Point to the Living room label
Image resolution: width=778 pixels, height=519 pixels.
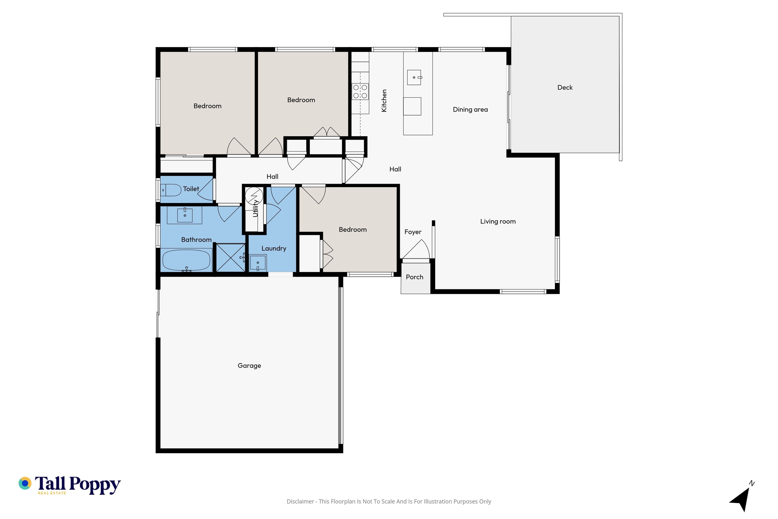pos(498,221)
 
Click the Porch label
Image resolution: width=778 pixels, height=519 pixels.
pos(415,277)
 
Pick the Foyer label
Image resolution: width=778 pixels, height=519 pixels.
pos(413,232)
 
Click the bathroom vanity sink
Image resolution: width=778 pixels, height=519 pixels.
pos(185,215)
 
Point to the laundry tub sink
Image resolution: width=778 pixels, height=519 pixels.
pos(258,263)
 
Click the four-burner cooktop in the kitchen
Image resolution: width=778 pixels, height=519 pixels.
pos(360,92)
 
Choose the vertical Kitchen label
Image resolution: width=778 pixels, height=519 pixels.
pos(384,101)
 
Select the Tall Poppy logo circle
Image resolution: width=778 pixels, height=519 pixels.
pos(25,483)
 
